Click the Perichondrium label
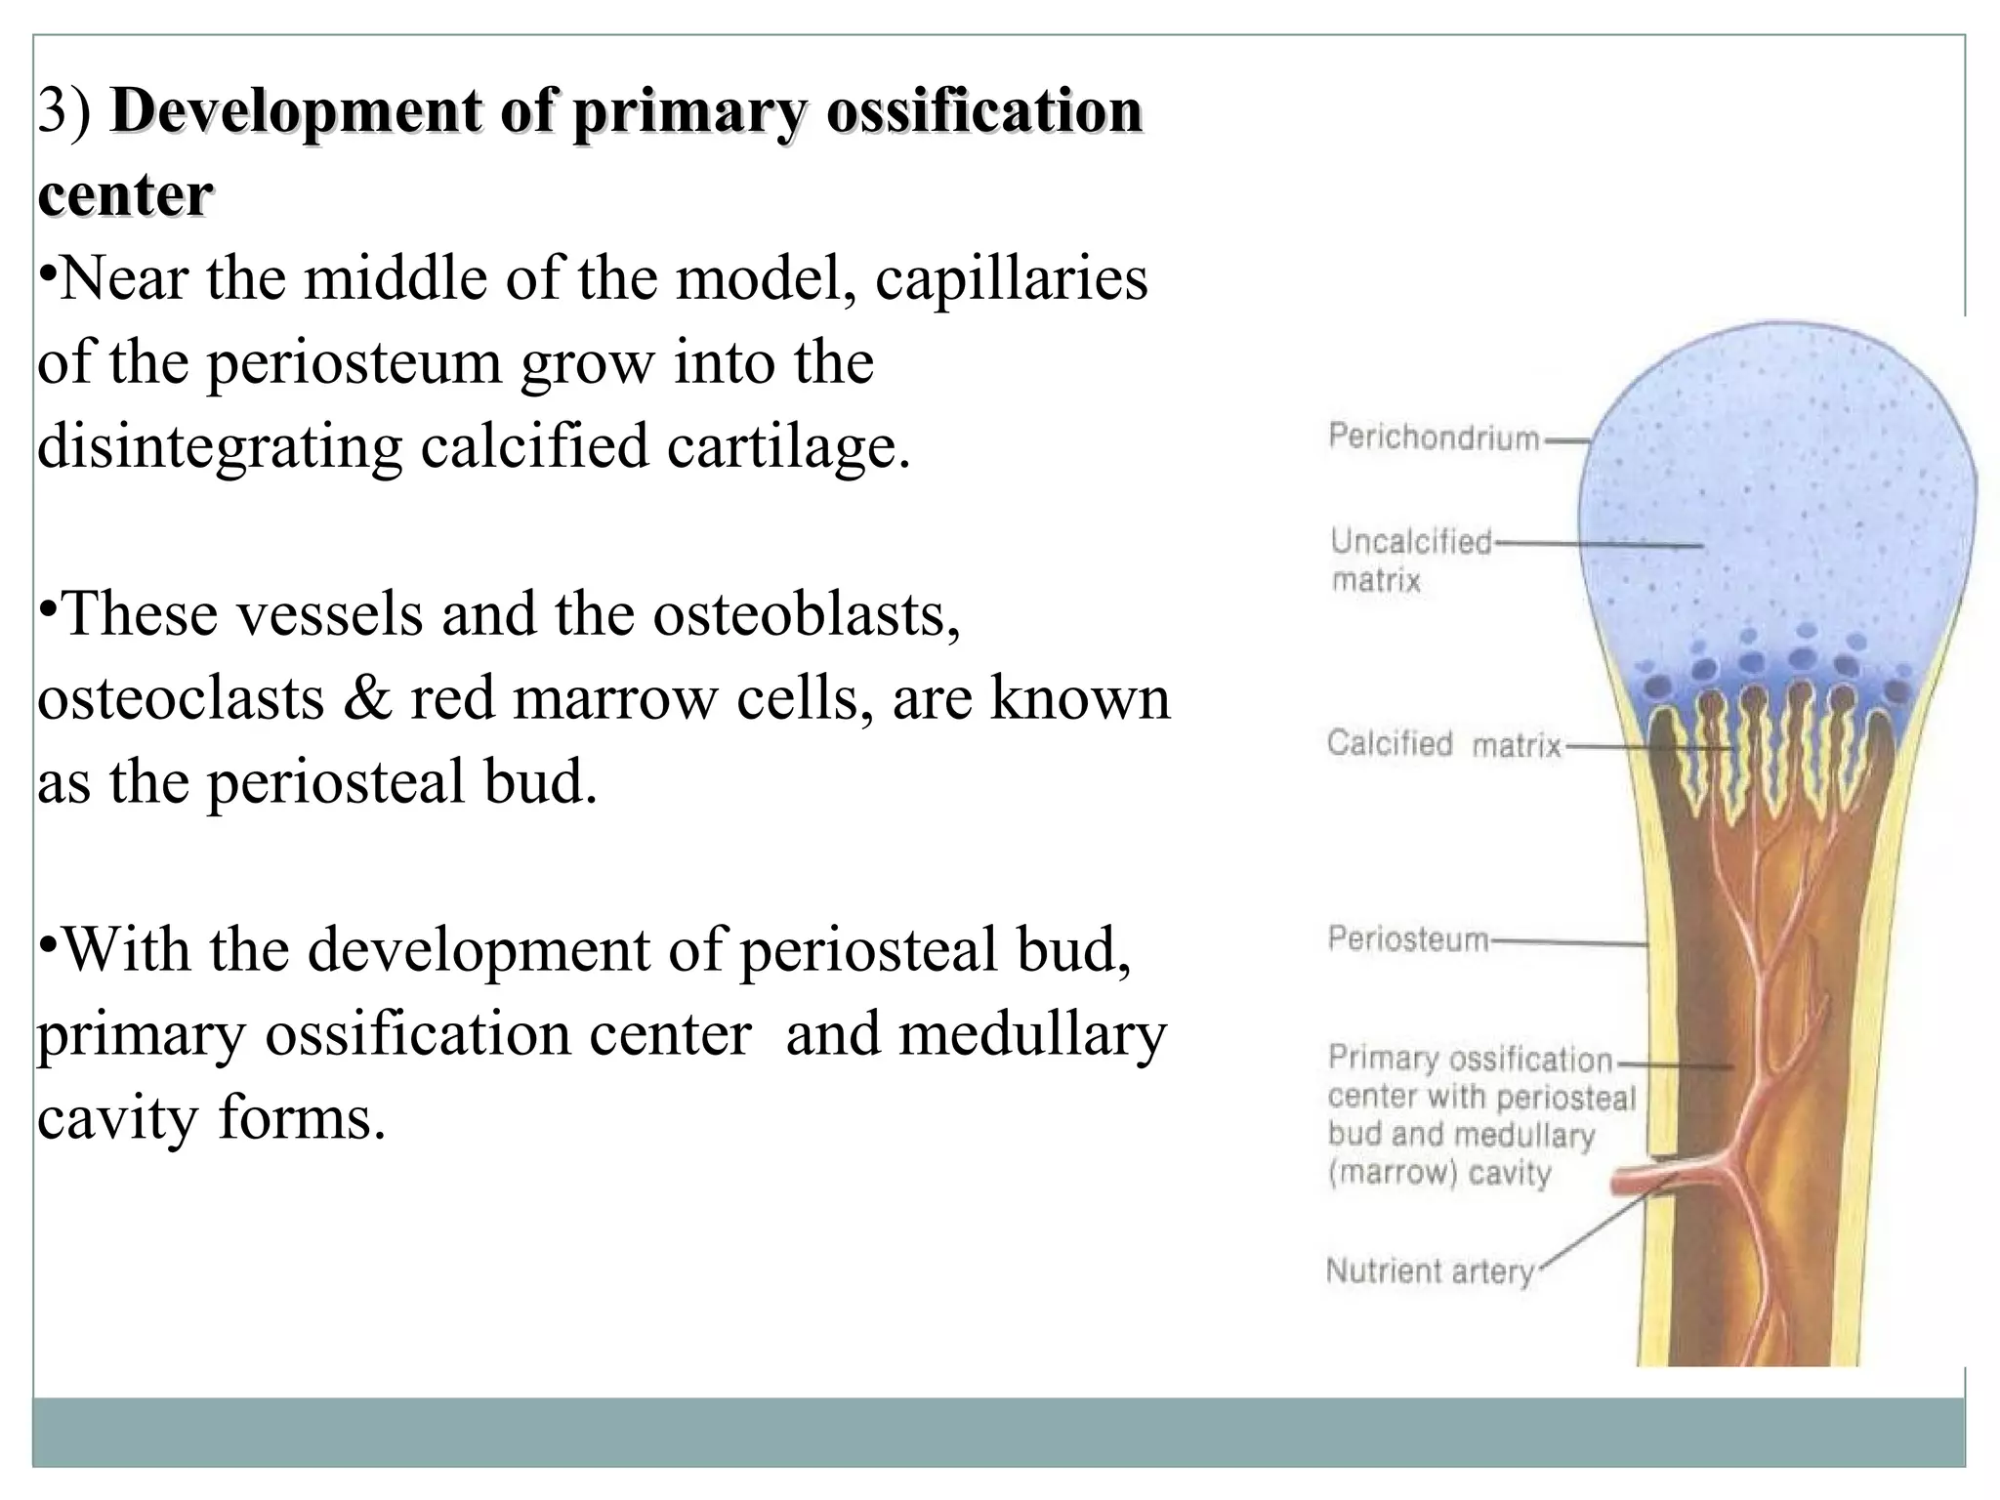pyautogui.click(x=1433, y=437)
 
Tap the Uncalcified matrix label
pyautogui.click(x=1410, y=561)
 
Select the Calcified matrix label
pyautogui.click(x=1443, y=745)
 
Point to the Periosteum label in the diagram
pyautogui.click(x=1407, y=939)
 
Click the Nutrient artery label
pyautogui.click(x=1429, y=1271)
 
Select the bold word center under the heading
pyautogui.click(x=125, y=194)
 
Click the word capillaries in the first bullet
pyautogui.click(x=1011, y=279)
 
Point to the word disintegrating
pyautogui.click(x=220, y=447)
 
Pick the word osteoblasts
pyautogui.click(x=807, y=615)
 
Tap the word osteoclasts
pyautogui.click(x=181, y=699)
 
